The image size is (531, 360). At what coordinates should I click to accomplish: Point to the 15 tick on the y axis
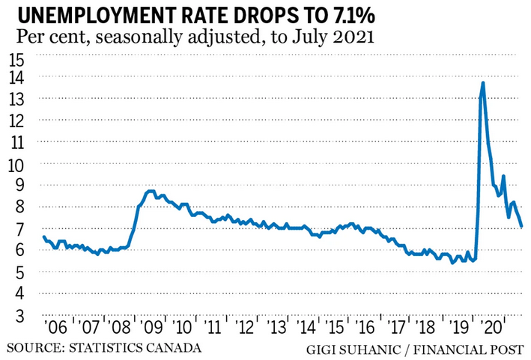[x=16, y=60]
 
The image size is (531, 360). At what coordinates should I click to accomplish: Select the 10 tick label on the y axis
[x=16, y=164]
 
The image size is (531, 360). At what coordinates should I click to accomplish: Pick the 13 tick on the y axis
[x=16, y=100]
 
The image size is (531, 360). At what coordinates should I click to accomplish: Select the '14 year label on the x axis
[x=309, y=329]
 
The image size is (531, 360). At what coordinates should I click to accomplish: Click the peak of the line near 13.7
[x=483, y=82]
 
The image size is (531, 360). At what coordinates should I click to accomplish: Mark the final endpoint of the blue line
[x=521, y=226]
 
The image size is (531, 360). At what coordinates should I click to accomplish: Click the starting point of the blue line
[x=43, y=237]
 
